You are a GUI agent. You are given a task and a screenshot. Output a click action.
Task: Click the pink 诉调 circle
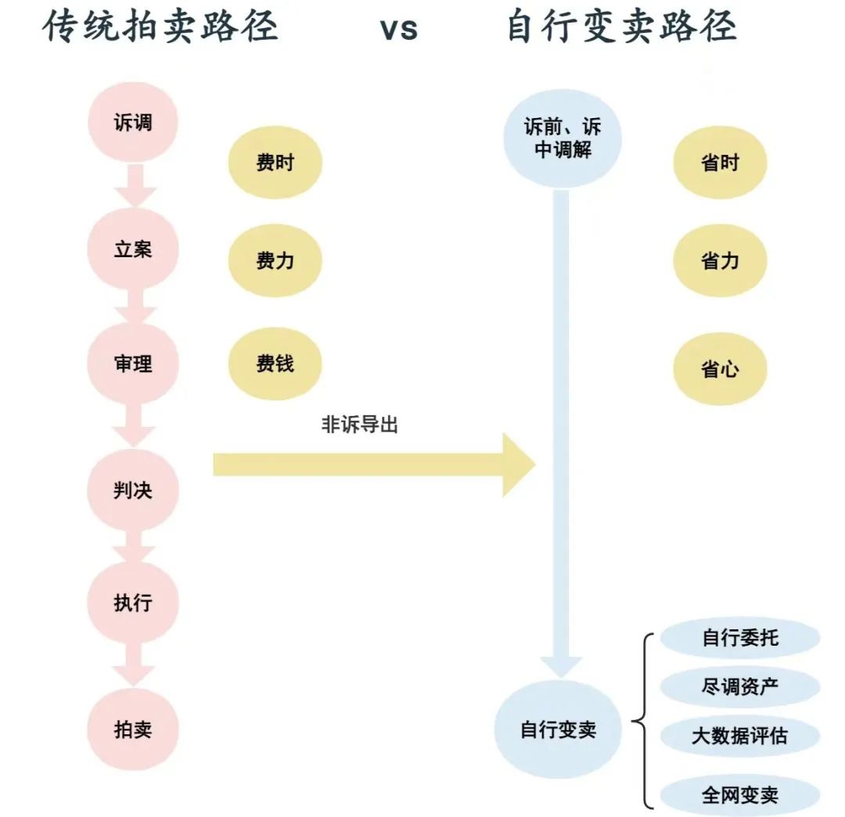133,122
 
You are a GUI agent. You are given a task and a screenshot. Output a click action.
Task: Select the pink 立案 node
133,249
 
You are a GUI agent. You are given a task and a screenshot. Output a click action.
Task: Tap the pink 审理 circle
133,364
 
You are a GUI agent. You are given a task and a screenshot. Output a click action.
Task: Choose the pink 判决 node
133,490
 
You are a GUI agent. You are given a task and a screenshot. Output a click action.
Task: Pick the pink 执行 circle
133,603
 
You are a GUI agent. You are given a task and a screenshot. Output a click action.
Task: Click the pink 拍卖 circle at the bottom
133,729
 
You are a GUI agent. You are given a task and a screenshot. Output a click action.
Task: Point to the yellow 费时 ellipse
275,162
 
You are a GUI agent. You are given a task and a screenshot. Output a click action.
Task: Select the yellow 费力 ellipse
275,260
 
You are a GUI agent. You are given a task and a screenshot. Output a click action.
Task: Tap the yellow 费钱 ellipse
275,364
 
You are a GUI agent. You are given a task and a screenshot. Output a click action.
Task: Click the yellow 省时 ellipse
720,162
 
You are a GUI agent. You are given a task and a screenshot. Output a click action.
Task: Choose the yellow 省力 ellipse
720,260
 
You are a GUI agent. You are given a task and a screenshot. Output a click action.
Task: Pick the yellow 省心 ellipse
720,369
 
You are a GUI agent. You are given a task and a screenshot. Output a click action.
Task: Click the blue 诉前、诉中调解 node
563,138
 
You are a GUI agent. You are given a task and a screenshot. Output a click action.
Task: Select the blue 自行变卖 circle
559,729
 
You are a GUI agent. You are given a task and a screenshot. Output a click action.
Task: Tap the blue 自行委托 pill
740,638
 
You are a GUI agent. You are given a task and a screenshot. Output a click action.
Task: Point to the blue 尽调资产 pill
740,686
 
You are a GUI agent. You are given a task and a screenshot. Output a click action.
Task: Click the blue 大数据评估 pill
740,736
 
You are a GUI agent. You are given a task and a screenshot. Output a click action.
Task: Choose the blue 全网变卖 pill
740,794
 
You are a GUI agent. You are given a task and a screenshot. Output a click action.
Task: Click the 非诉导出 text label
359,425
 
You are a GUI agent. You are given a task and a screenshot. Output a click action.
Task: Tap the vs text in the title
399,29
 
